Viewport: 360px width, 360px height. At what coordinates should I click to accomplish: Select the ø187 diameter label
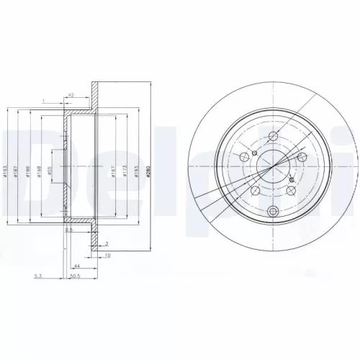[17, 168]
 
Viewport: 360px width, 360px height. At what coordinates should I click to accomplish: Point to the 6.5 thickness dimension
[69, 231]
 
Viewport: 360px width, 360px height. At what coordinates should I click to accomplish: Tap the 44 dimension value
[76, 266]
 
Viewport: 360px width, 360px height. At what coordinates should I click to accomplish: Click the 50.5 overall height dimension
[73, 274]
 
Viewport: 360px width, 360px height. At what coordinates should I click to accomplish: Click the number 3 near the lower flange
[107, 245]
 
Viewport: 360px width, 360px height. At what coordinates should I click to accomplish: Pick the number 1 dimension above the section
[43, 100]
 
